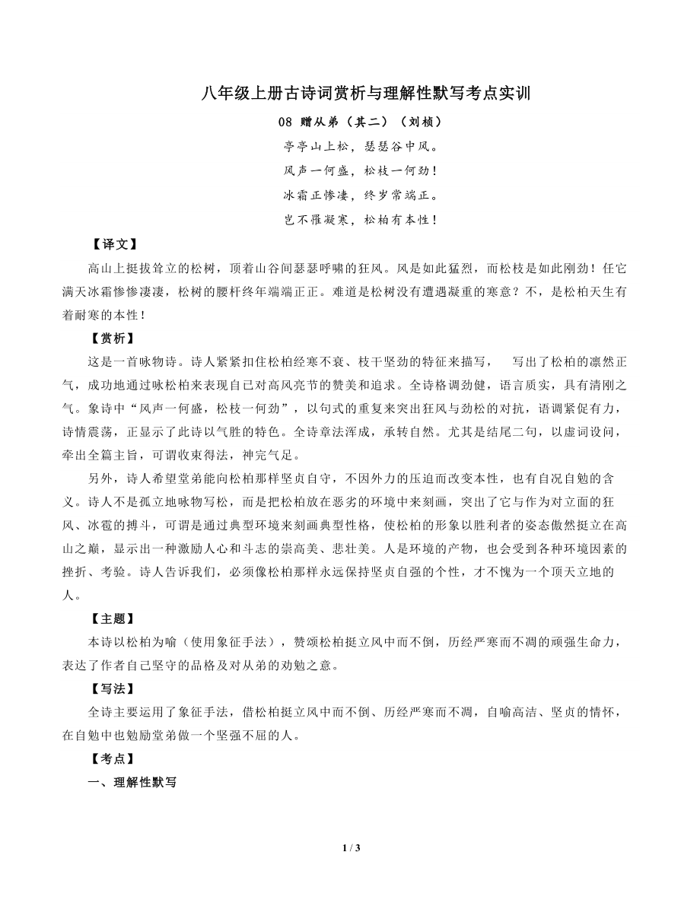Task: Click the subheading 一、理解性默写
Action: [x=132, y=782]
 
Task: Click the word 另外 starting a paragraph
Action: [x=100, y=479]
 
